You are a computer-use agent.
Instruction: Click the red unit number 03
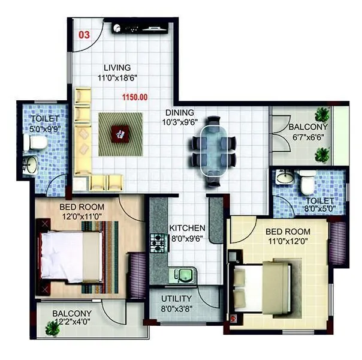coord(85,35)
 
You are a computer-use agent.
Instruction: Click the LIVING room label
coord(116,68)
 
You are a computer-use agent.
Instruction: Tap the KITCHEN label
coord(187,229)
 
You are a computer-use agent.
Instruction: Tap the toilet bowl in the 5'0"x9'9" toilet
coord(37,143)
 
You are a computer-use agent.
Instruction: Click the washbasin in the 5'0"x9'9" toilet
coord(30,164)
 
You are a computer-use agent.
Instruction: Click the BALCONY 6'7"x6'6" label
coord(307,132)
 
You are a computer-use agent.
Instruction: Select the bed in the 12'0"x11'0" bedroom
coord(70,255)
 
